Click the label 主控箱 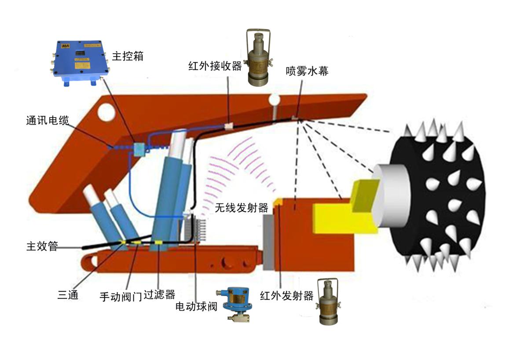(128, 56)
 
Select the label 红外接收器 (215, 66)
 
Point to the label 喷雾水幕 (307, 71)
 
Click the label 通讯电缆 (48, 121)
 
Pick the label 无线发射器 (242, 208)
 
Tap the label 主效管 (42, 246)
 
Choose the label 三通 (68, 295)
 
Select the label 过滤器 (159, 295)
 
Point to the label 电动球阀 (196, 306)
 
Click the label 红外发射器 (287, 296)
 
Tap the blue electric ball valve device (236, 304)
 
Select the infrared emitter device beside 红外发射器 (329, 301)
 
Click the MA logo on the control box (65, 46)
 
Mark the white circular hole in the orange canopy (106, 111)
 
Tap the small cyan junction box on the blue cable (139, 149)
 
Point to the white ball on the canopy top (275, 99)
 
